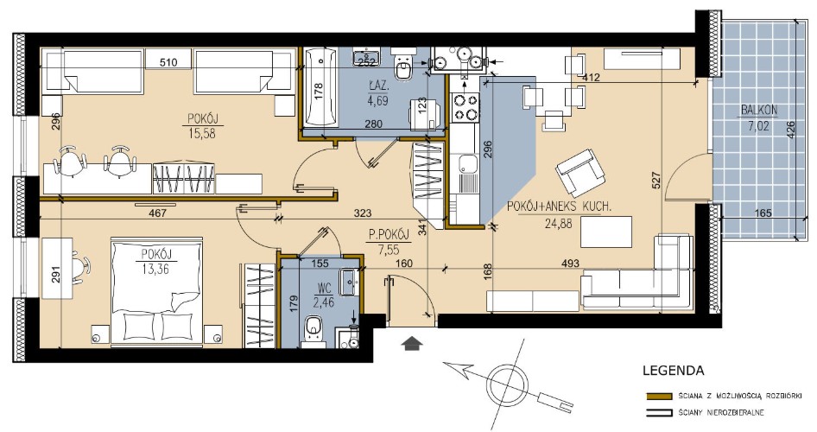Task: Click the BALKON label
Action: click(758, 110)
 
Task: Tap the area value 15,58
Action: click(202, 134)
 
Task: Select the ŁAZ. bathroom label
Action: click(377, 84)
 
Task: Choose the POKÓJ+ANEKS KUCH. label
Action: click(559, 206)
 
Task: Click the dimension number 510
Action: click(168, 62)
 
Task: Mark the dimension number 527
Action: click(656, 181)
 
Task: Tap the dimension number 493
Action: click(571, 264)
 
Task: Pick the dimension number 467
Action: click(157, 213)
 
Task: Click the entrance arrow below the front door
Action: click(412, 343)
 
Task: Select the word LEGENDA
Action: click(673, 371)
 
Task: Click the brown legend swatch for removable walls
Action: click(659, 396)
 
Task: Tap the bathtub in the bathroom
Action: click(319, 87)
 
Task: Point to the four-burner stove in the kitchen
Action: click(465, 107)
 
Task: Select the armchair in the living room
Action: click(581, 172)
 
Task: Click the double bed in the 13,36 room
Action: click(156, 292)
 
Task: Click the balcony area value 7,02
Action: click(758, 126)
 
